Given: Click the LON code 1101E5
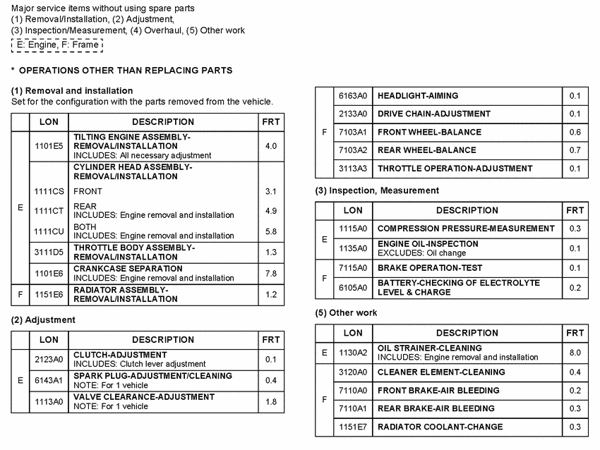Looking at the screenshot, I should click(49, 146).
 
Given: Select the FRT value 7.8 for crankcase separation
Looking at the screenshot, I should click(271, 274).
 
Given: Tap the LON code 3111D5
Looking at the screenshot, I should click(49, 253).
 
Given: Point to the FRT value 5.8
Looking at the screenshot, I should click(271, 231).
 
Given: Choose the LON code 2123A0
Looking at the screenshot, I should click(49, 359).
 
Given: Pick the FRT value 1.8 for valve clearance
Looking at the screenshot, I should click(271, 401).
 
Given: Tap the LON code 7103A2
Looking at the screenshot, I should click(353, 150).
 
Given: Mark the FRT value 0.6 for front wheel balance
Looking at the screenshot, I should click(575, 132).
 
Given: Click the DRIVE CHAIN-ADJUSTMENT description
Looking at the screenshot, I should click(434, 114).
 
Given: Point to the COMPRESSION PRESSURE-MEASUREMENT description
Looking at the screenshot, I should click(466, 229).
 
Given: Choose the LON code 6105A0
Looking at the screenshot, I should click(353, 288).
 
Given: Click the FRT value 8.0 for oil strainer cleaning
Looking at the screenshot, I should click(575, 352).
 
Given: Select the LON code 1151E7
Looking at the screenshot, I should click(353, 427).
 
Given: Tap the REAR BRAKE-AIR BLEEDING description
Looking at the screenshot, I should click(436, 408).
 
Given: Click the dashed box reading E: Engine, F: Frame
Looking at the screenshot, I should click(57, 45).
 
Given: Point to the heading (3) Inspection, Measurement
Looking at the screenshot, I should click(377, 190).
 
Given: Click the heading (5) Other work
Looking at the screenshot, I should click(346, 312).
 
